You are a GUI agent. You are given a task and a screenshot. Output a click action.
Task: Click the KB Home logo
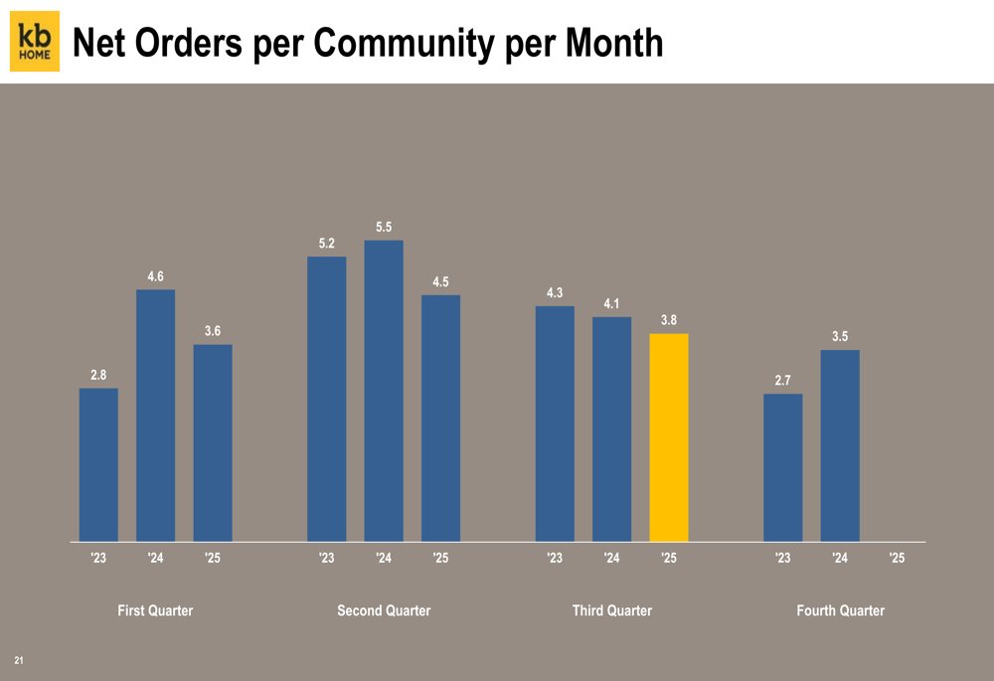[x=35, y=41]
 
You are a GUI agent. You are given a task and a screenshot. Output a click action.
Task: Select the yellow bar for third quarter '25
[x=669, y=437]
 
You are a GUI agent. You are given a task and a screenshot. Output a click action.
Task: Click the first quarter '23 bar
[x=98, y=464]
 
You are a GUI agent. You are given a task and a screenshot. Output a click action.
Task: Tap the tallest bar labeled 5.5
[x=384, y=391]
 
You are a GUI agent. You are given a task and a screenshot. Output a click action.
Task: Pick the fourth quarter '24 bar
[x=840, y=445]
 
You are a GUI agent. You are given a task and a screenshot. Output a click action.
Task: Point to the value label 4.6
[x=156, y=276]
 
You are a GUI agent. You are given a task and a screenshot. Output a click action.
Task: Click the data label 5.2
[x=327, y=243]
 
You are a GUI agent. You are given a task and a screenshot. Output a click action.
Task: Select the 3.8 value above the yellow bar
[x=669, y=320]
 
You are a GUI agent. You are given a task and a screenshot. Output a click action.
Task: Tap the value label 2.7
[x=783, y=381]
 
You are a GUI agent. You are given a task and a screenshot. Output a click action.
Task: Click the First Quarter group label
[x=155, y=610]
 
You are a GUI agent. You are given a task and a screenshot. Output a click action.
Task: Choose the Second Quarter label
[x=384, y=610]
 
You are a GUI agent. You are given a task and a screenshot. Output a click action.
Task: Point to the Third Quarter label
[x=612, y=610]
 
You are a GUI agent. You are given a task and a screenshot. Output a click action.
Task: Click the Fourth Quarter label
[x=840, y=610]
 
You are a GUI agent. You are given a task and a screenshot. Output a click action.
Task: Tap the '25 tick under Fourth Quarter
[x=897, y=559]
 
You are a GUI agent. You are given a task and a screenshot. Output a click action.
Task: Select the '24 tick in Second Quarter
[x=384, y=559]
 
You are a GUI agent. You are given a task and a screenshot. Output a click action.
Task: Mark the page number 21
[x=19, y=660]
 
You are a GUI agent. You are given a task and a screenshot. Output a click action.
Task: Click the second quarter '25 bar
[x=440, y=418]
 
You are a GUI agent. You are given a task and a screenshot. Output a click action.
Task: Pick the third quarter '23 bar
[x=555, y=424]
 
